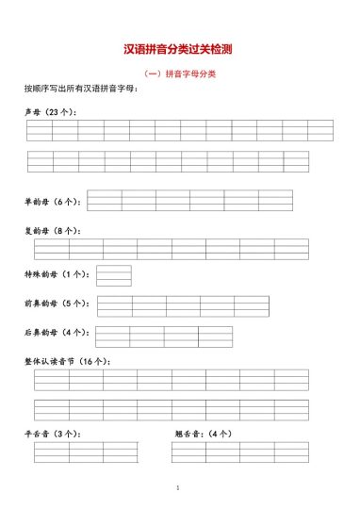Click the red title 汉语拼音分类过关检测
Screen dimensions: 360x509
coord(178,49)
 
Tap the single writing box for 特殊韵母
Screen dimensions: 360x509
coord(114,275)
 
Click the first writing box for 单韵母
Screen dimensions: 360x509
coord(105,201)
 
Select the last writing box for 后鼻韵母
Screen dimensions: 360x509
coord(215,337)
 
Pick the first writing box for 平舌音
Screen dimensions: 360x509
coord(51,452)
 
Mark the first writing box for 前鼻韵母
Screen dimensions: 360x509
coord(115,306)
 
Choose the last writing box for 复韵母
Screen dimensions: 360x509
coord(290,249)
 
